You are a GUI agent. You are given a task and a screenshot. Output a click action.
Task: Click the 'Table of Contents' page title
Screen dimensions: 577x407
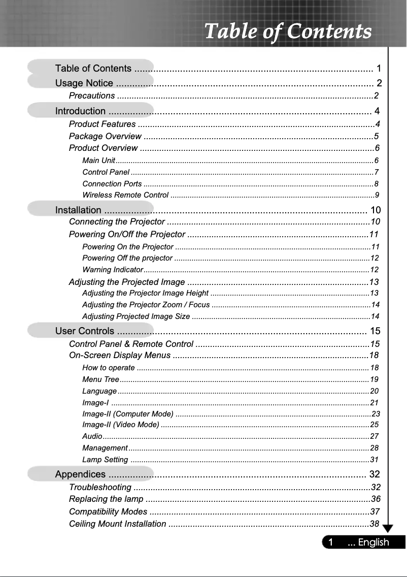click(288, 31)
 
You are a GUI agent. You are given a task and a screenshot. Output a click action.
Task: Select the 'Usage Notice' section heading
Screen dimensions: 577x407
click(84, 83)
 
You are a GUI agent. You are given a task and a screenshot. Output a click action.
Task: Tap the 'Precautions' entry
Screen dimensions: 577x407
click(92, 96)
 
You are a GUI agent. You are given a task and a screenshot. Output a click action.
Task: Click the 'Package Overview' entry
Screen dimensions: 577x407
click(105, 136)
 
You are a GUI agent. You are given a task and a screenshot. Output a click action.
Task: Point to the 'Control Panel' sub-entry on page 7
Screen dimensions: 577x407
click(106, 172)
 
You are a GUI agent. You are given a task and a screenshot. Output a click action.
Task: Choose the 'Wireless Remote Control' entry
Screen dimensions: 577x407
click(125, 195)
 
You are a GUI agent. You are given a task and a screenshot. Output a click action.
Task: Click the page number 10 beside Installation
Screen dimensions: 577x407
click(376, 210)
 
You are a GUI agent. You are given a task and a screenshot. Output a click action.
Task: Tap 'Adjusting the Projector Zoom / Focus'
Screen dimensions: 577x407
click(146, 305)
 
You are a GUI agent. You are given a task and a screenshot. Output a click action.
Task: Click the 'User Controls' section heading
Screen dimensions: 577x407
click(84, 332)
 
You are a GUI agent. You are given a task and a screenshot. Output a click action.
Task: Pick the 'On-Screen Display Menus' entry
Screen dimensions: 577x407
click(120, 355)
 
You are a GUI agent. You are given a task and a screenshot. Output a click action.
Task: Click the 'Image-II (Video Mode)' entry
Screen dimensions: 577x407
click(121, 425)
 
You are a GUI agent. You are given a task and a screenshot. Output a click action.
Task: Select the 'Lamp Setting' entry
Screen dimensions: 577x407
click(105, 460)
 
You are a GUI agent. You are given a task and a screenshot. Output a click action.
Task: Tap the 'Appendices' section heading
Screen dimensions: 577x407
click(80, 474)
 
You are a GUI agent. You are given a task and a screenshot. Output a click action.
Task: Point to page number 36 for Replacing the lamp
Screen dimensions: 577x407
click(376, 499)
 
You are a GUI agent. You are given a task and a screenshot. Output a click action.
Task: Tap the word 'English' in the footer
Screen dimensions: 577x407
click(374, 542)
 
